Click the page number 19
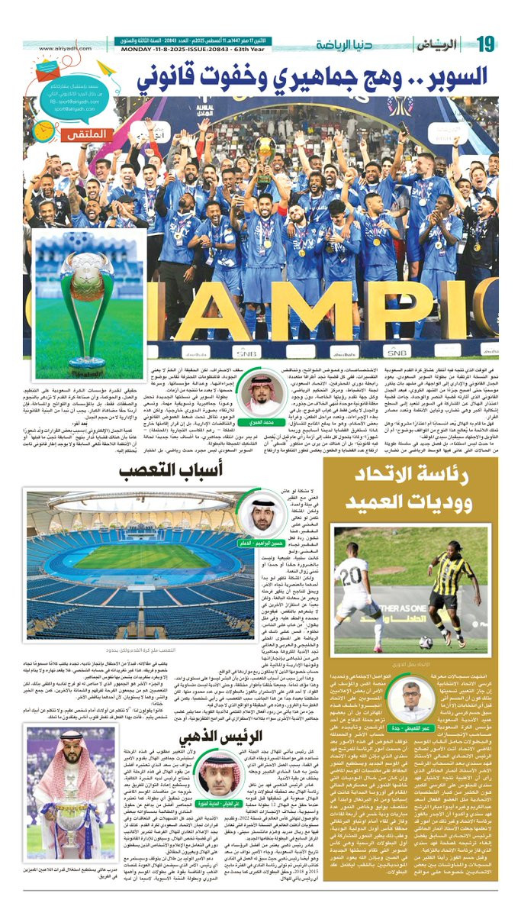[486, 44]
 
